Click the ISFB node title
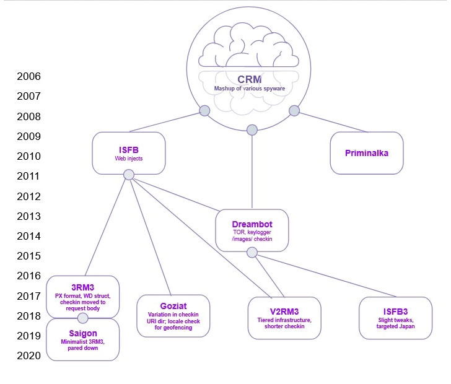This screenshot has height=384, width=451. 128,149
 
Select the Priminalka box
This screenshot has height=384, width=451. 367,152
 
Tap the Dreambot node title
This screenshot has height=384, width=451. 252,224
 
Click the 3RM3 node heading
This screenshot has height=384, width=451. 82,287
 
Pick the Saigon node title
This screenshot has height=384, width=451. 82,333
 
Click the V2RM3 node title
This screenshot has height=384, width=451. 284,310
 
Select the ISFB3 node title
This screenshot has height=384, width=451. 395,310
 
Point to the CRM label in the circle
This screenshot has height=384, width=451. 250,79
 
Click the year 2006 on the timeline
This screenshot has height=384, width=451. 29,77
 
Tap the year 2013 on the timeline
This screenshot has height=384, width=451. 29,216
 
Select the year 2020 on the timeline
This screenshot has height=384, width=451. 29,356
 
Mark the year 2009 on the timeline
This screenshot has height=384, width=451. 29,136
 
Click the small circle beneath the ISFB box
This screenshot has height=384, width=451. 129,175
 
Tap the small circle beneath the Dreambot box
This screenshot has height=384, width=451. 252,252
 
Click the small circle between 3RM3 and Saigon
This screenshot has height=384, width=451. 82,318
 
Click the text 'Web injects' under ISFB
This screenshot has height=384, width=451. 128,159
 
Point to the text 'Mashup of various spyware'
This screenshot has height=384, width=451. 250,89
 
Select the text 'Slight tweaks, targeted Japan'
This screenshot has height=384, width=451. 395,323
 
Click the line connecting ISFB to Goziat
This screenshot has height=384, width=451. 149,235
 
